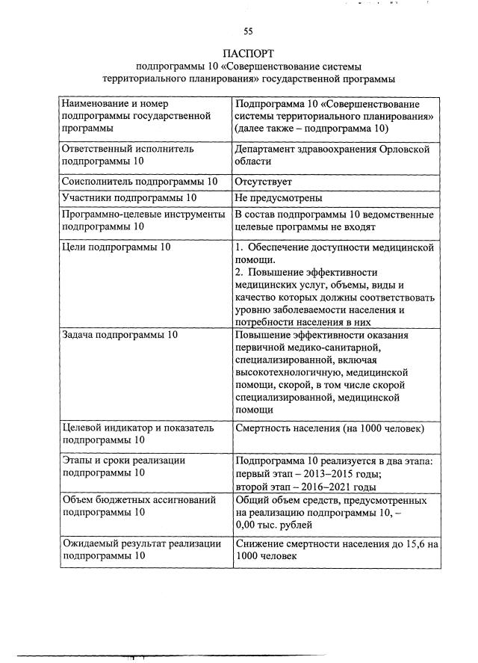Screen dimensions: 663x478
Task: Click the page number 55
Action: click(x=248, y=31)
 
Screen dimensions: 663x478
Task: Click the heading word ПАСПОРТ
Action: click(x=248, y=54)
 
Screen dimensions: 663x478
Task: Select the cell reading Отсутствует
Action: click(x=263, y=182)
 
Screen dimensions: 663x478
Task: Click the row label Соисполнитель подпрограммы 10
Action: click(x=139, y=182)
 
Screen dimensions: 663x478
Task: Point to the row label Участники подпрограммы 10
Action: click(x=128, y=198)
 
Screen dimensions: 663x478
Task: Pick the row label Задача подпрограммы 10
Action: click(x=119, y=335)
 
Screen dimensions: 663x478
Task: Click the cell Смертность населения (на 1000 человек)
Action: click(x=329, y=428)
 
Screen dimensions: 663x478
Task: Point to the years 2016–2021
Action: click(x=330, y=487)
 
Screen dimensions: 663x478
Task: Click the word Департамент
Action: click(x=268, y=149)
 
